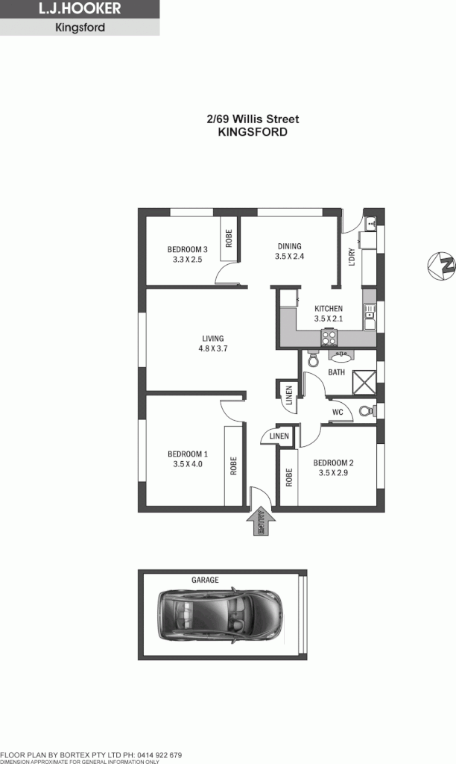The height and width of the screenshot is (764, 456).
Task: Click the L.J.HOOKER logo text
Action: pyautogui.click(x=79, y=10)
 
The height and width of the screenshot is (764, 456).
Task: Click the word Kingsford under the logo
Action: pyautogui.click(x=80, y=28)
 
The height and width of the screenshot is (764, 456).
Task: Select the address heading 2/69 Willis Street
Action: pyautogui.click(x=253, y=119)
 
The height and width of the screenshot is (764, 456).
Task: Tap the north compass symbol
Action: pyautogui.click(x=441, y=266)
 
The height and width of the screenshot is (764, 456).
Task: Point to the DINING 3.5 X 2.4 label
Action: pyautogui.click(x=289, y=251)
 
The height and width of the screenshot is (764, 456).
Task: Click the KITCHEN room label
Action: pyautogui.click(x=328, y=308)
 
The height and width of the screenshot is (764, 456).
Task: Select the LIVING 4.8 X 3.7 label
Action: pyautogui.click(x=212, y=343)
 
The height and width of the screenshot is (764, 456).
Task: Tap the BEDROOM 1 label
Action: pyautogui.click(x=187, y=458)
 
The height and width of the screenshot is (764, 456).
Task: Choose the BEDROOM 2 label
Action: pyautogui.click(x=332, y=467)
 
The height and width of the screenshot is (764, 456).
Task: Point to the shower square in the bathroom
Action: pyautogui.click(x=364, y=382)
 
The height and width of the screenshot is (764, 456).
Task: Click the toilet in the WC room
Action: pyautogui.click(x=366, y=410)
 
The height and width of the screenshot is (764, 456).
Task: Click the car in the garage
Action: pyautogui.click(x=221, y=615)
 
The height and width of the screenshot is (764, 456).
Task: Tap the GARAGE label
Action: pyautogui.click(x=205, y=580)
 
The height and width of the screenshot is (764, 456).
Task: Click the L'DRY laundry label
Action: pyautogui.click(x=352, y=257)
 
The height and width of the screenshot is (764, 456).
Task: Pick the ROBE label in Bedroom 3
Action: pyautogui.click(x=229, y=239)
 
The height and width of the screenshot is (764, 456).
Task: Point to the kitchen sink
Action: pyautogui.click(x=369, y=314)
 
